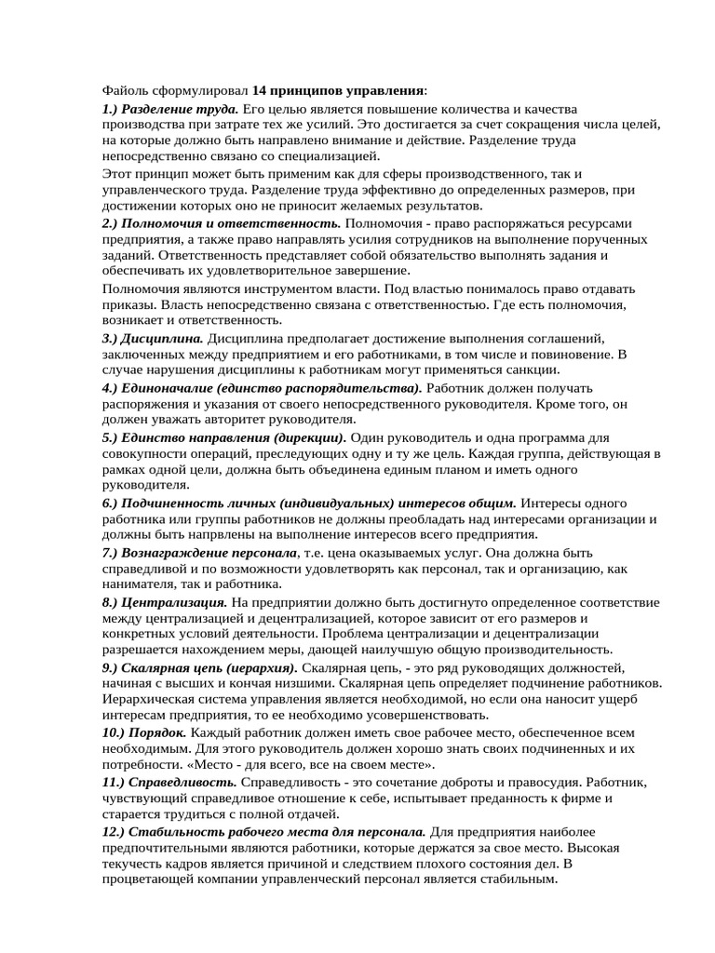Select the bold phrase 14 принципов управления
(338, 91)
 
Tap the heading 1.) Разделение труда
(170, 109)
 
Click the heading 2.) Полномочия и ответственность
(222, 224)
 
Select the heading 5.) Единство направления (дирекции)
(223, 436)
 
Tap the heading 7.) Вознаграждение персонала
(202, 553)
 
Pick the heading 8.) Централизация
(164, 602)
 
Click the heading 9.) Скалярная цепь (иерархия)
(199, 668)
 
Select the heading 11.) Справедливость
(169, 782)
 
